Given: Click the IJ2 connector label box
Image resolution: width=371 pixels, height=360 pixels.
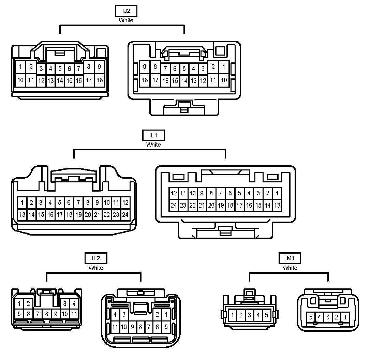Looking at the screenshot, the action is pyautogui.click(x=126, y=11).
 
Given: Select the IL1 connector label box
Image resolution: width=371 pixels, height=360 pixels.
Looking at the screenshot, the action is pyautogui.click(x=153, y=135).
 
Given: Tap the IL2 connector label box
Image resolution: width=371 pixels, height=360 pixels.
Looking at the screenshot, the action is pyautogui.click(x=96, y=258).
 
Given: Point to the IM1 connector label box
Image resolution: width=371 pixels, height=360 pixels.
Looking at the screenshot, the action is pyautogui.click(x=290, y=258).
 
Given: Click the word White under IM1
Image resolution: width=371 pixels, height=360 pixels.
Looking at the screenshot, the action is pyautogui.click(x=290, y=268).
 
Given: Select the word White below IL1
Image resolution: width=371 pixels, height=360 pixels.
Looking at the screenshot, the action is pyautogui.click(x=153, y=145).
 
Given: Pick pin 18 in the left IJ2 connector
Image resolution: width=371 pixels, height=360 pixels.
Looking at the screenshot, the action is pyautogui.click(x=99, y=80).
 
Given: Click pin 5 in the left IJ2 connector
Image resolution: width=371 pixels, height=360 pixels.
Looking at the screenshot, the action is pyautogui.click(x=60, y=69).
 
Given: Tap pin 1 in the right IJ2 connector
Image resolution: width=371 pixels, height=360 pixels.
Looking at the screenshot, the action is pyautogui.click(x=224, y=67).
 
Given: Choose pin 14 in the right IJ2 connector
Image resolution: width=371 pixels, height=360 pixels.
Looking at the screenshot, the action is pyautogui.click(x=184, y=81).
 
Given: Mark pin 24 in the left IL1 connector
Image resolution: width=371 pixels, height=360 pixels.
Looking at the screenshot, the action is pyautogui.click(x=125, y=214).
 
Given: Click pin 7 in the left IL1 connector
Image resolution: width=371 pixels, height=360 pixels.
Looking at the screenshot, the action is pyautogui.click(x=78, y=203).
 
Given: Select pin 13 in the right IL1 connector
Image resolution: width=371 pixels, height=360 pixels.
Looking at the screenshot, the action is pyautogui.click(x=277, y=205).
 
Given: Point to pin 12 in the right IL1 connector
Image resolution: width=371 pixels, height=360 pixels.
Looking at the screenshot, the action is pyautogui.click(x=174, y=194).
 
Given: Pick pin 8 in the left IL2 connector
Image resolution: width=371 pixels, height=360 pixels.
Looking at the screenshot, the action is pyautogui.click(x=47, y=314).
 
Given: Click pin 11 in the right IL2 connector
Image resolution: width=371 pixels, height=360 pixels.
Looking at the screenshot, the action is pyautogui.click(x=115, y=327).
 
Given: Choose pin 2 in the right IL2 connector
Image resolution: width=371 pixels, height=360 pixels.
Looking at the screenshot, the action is pyautogui.click(x=158, y=314).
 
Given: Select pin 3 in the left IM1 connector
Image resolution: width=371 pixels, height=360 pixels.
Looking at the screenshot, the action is pyautogui.click(x=249, y=315).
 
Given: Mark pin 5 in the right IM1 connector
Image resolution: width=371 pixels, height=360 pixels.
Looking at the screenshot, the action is pyautogui.click(x=311, y=317).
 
